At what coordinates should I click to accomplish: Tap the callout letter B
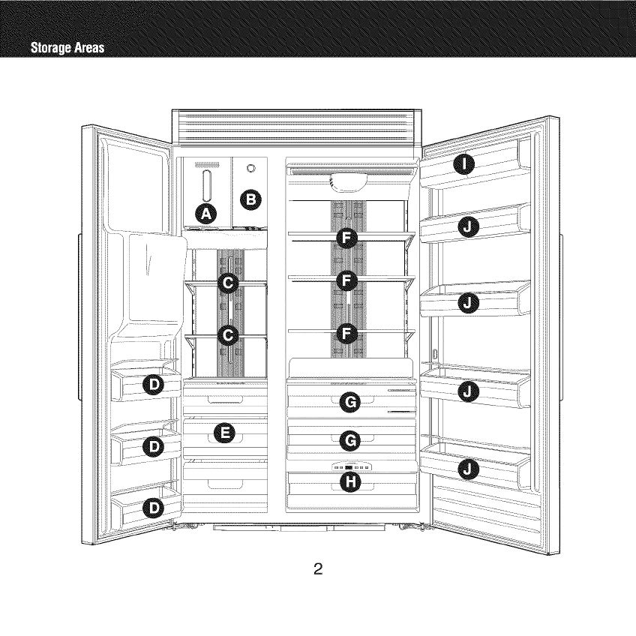pyautogui.click(x=251, y=199)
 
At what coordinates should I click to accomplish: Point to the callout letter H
pyautogui.click(x=349, y=481)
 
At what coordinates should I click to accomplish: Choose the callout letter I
pyautogui.click(x=466, y=166)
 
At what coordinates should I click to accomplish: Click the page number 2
pyautogui.click(x=318, y=568)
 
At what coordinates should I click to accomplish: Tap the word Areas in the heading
pyautogui.click(x=88, y=49)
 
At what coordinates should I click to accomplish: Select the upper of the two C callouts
pyautogui.click(x=228, y=282)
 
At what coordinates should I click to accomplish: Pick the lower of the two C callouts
pyautogui.click(x=228, y=334)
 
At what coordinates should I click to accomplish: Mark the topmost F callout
pyautogui.click(x=346, y=238)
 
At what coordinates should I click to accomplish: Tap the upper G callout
pyautogui.click(x=350, y=404)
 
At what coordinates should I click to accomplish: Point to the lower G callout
pyautogui.click(x=350, y=440)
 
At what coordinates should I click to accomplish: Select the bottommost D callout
pyautogui.click(x=154, y=509)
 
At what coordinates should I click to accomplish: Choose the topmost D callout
pyautogui.click(x=154, y=385)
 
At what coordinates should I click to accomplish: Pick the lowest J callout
pyautogui.click(x=467, y=469)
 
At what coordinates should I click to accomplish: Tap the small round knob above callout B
pyautogui.click(x=250, y=168)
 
